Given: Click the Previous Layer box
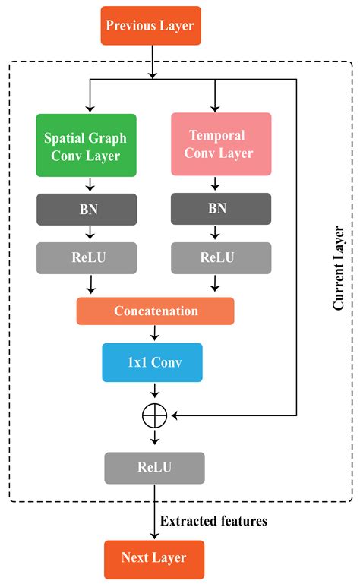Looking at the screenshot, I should pos(150,26).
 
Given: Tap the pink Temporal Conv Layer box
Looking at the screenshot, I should pos(220,144).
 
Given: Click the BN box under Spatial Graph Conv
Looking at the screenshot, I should pos(87,209).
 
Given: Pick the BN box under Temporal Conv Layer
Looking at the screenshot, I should pos(220,209).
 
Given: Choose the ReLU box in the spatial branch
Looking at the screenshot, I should pos(87,257).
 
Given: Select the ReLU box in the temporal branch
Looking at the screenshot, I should pos(220,257).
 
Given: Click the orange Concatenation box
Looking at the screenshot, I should pos(155,311).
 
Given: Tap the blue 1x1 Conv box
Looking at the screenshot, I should pos(153,361).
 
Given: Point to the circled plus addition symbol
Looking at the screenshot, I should pos(154,415).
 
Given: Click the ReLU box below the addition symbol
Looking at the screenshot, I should pos(154,468).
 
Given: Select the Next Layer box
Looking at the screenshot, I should pos(153,558).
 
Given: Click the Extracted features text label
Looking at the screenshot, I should pos(213,522).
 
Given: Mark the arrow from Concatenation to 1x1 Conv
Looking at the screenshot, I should pos(154,333).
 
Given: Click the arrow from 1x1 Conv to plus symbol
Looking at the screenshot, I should pos(154,391).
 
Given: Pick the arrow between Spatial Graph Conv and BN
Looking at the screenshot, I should pos(90,185).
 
